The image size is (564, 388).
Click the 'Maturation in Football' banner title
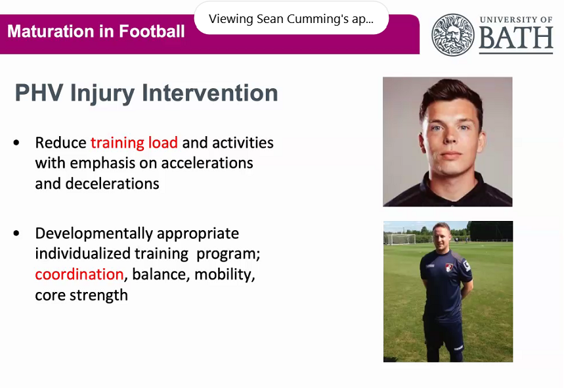click(96, 31)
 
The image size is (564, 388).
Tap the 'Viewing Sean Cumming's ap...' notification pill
click(291, 18)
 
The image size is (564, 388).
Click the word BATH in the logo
click(515, 40)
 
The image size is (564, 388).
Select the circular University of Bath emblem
click(452, 34)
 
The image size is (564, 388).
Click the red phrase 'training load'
click(134, 143)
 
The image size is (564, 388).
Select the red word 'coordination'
click(79, 274)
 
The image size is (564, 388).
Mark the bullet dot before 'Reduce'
click(17, 143)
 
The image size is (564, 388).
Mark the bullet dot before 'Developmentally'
click(17, 234)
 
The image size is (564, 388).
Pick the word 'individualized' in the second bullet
click(77, 254)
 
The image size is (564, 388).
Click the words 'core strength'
click(81, 295)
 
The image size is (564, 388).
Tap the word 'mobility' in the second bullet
click(228, 274)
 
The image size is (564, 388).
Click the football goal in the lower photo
click(401, 239)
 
